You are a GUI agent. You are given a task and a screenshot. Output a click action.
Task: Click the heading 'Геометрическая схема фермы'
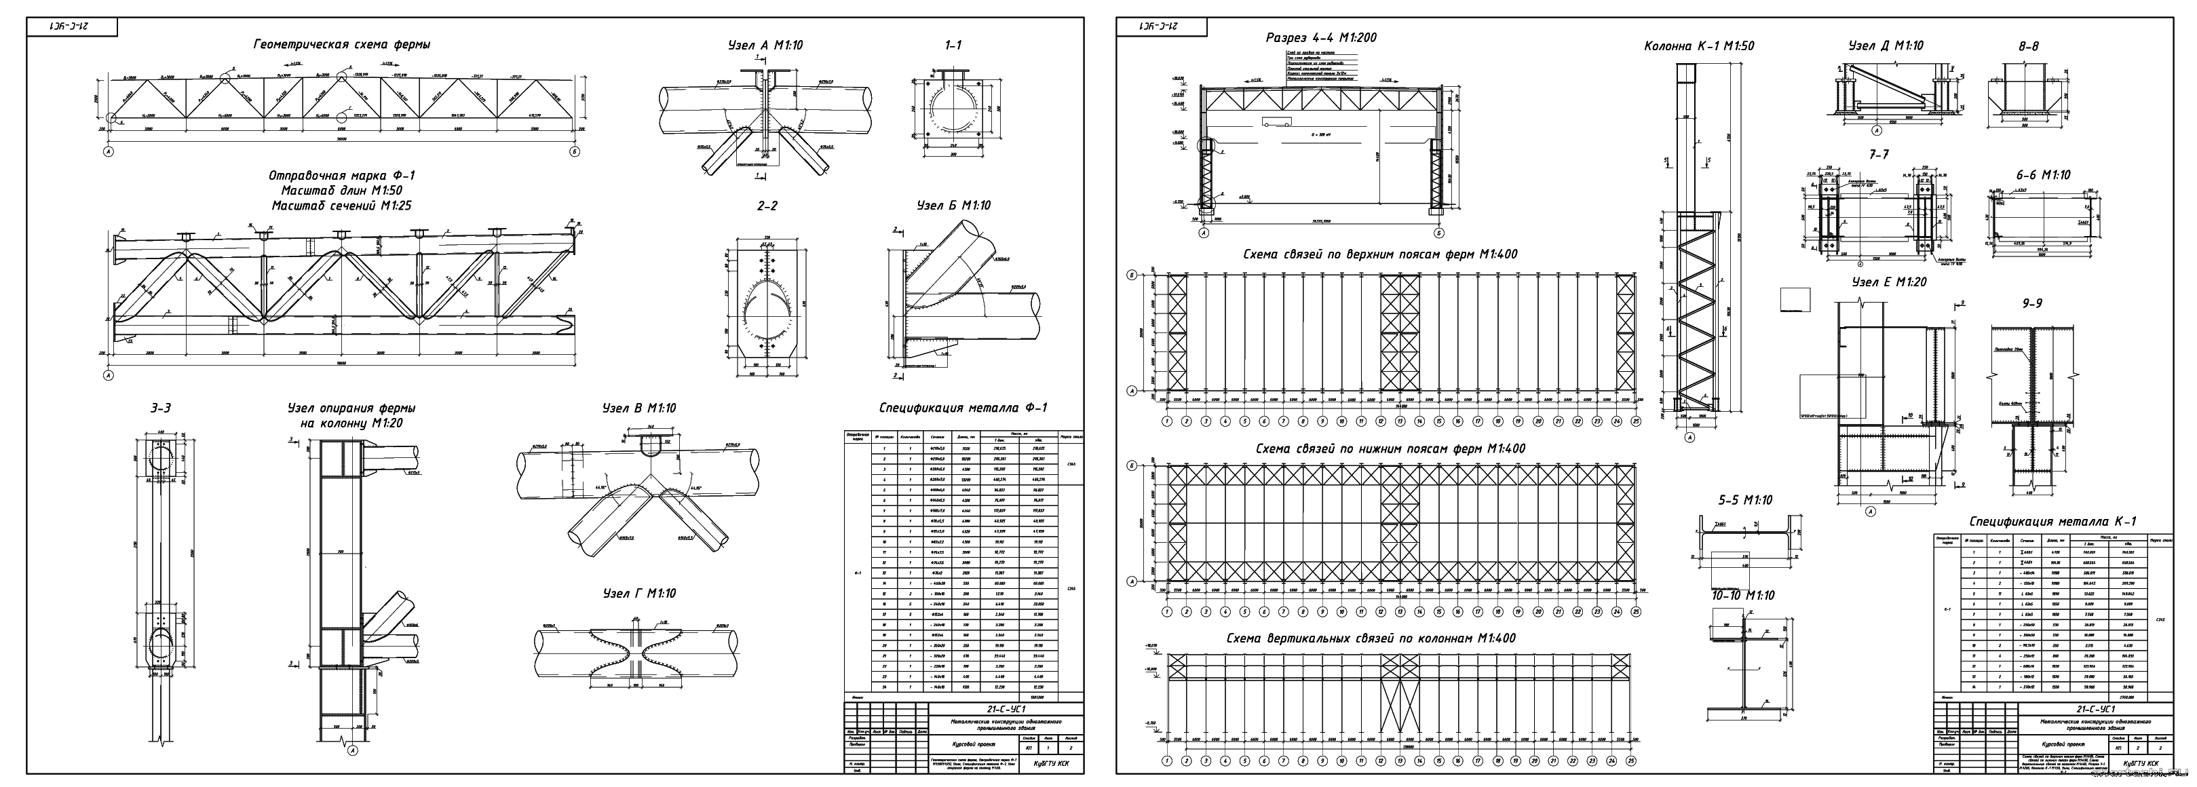341,45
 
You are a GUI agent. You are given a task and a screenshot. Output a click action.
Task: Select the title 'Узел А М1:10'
765,45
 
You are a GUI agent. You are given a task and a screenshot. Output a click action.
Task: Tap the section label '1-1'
953,45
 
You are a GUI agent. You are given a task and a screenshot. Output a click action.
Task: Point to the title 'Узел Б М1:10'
953,206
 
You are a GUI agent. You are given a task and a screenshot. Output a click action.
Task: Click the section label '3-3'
161,408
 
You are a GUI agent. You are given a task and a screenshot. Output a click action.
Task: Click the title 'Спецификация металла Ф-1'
963,408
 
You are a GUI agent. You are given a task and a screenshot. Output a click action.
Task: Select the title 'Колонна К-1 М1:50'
1699,46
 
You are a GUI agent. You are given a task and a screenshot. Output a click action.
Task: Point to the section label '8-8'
2029,46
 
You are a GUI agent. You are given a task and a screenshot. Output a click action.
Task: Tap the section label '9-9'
2032,303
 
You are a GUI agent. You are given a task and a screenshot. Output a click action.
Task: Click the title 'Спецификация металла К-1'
2052,521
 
